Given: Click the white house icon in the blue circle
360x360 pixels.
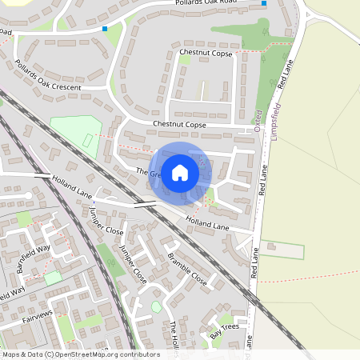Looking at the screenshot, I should tap(180, 172).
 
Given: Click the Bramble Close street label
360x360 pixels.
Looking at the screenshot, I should tap(187, 270).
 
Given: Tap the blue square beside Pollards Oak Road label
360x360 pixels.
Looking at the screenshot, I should tap(264, 4).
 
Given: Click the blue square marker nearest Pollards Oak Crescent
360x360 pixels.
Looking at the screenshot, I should tap(104, 29).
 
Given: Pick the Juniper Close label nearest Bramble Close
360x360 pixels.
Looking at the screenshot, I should tap(133, 265).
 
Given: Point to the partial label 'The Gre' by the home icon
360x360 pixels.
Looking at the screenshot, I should tap(149, 173).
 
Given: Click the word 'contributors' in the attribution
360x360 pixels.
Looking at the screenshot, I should tap(135, 354).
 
